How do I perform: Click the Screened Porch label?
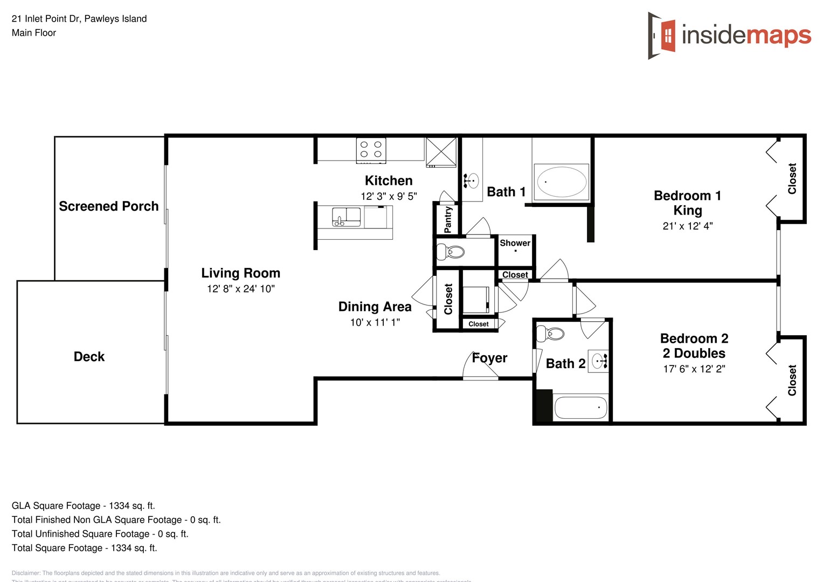pyautogui.click(x=108, y=206)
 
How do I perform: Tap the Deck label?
pyautogui.click(x=89, y=357)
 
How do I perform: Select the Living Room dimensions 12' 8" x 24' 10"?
pyautogui.click(x=240, y=289)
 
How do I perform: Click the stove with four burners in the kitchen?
pyautogui.click(x=371, y=150)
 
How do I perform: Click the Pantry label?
pyautogui.click(x=447, y=219)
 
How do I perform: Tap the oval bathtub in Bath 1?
pyautogui.click(x=561, y=182)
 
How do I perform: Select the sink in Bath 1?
pyautogui.click(x=472, y=181)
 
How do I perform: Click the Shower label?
pyautogui.click(x=515, y=243)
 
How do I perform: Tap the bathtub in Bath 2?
pyautogui.click(x=580, y=408)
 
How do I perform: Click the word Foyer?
pyautogui.click(x=489, y=358)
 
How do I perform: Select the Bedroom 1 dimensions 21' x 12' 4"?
pyautogui.click(x=687, y=226)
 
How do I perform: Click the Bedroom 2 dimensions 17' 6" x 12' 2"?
pyautogui.click(x=694, y=369)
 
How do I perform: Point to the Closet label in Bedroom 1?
pyautogui.click(x=792, y=178)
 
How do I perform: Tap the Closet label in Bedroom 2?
pyautogui.click(x=792, y=380)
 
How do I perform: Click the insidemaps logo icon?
pyautogui.click(x=662, y=36)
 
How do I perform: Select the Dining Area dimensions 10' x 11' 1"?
pyautogui.click(x=375, y=323)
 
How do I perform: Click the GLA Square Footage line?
pyautogui.click(x=83, y=506)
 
